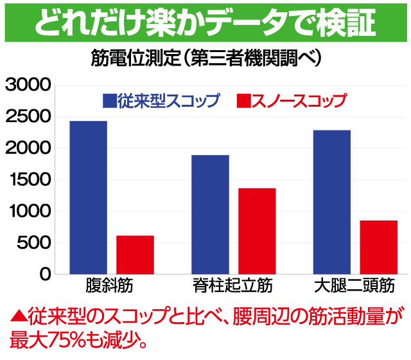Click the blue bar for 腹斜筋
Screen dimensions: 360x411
click(88, 197)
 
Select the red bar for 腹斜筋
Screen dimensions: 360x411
click(135, 255)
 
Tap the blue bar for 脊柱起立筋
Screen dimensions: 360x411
click(210, 215)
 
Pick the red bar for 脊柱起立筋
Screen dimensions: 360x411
click(257, 231)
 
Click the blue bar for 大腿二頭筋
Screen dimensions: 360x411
click(331, 202)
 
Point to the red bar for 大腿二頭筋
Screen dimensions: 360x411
click(378, 247)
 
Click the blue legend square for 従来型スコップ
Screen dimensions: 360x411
click(109, 101)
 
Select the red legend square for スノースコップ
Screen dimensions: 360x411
click(243, 101)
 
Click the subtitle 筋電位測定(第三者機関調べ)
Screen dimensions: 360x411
click(205, 59)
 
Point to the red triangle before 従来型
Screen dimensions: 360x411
click(17, 316)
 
